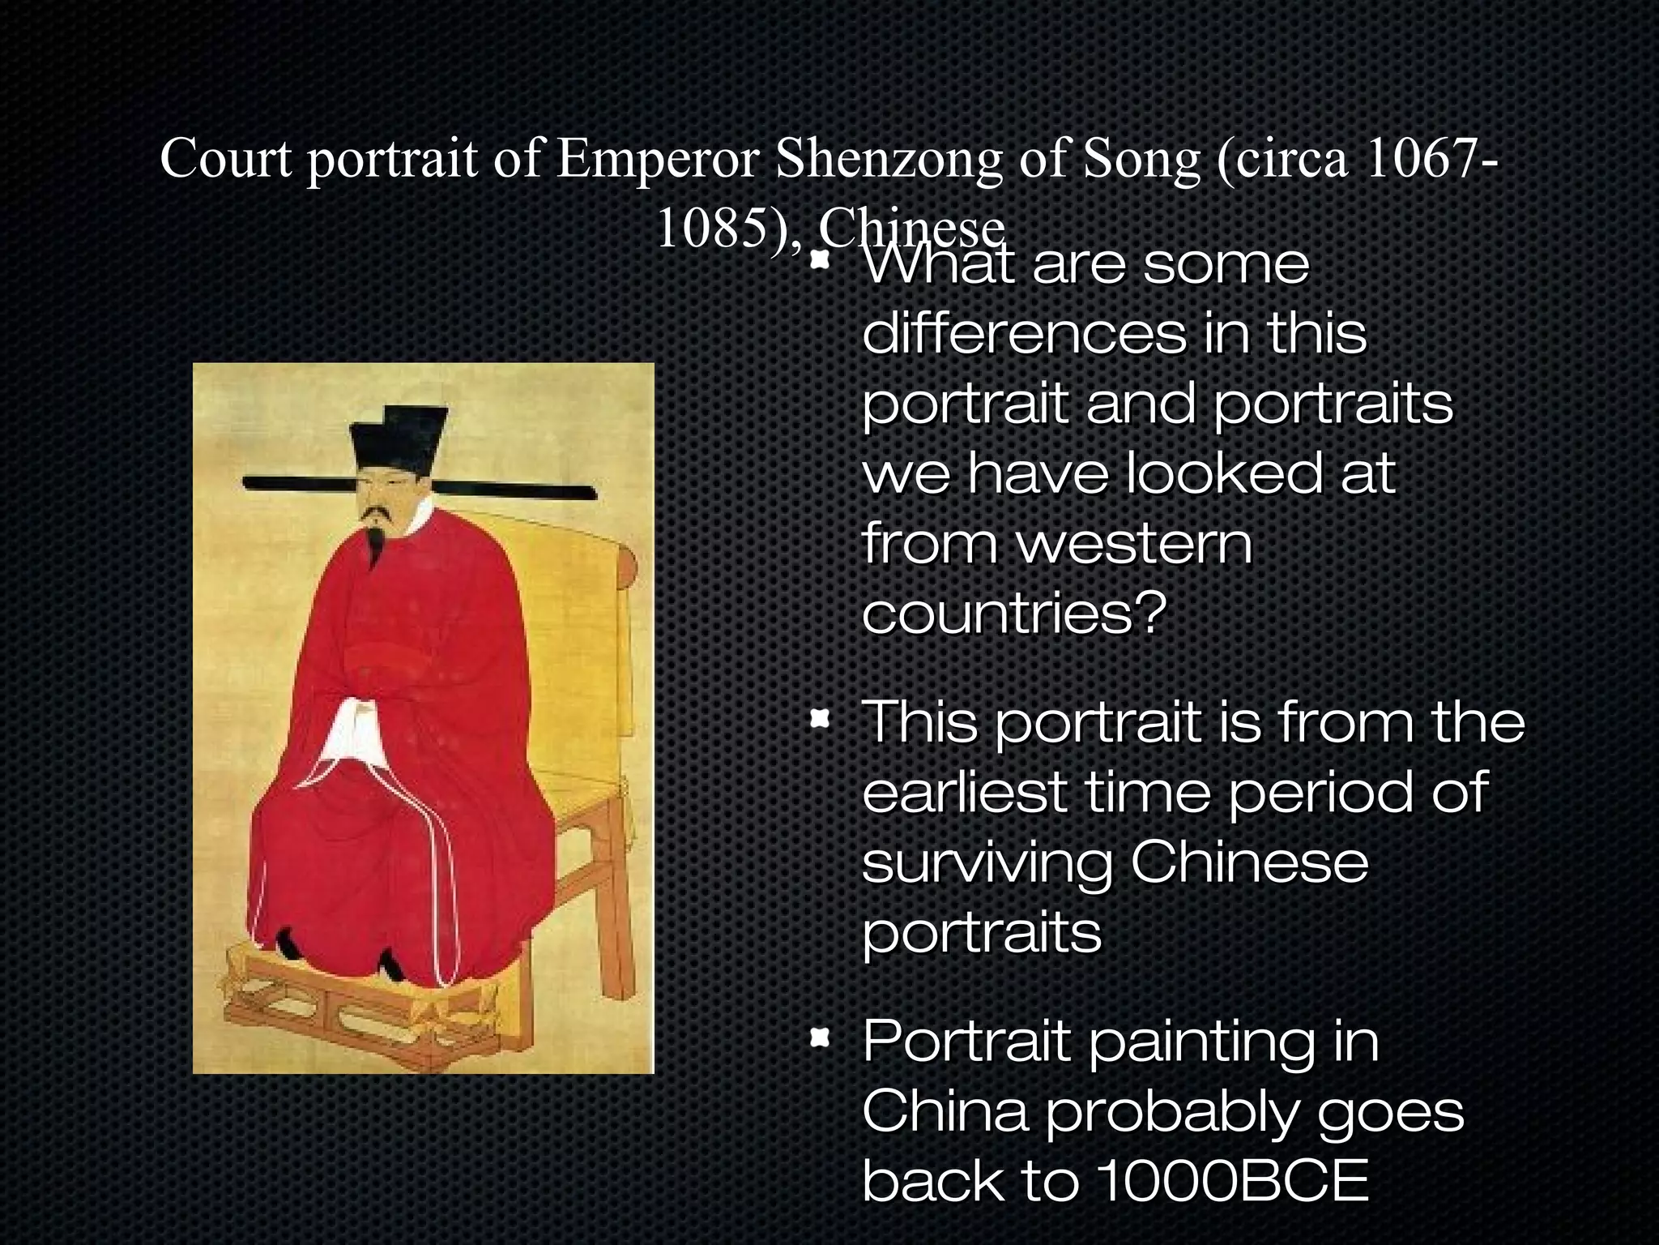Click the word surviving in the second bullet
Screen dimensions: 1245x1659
point(987,864)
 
